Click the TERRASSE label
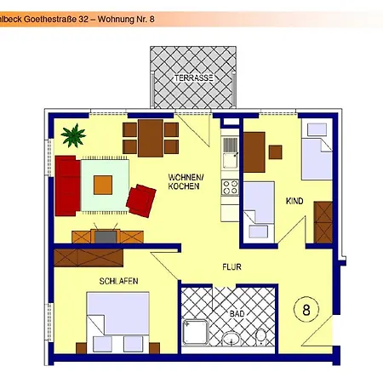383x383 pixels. (193, 77)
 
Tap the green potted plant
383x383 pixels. (73, 135)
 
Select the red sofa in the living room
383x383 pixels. (67, 186)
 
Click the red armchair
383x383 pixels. (141, 201)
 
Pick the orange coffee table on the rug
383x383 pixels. (103, 185)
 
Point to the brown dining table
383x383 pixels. (151, 138)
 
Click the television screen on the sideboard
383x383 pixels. (106, 237)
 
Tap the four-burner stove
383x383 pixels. (230, 187)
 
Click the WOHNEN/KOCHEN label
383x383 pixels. (186, 181)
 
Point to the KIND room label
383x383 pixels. (294, 201)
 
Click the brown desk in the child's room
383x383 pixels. (254, 152)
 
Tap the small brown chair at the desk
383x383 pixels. (275, 152)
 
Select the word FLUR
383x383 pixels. (232, 267)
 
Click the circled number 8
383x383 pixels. (306, 310)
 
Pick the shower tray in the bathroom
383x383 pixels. (196, 333)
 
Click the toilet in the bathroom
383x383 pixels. (260, 337)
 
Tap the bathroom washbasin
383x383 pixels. (231, 339)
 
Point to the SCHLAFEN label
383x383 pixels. (118, 281)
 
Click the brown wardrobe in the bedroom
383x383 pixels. (89, 258)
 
